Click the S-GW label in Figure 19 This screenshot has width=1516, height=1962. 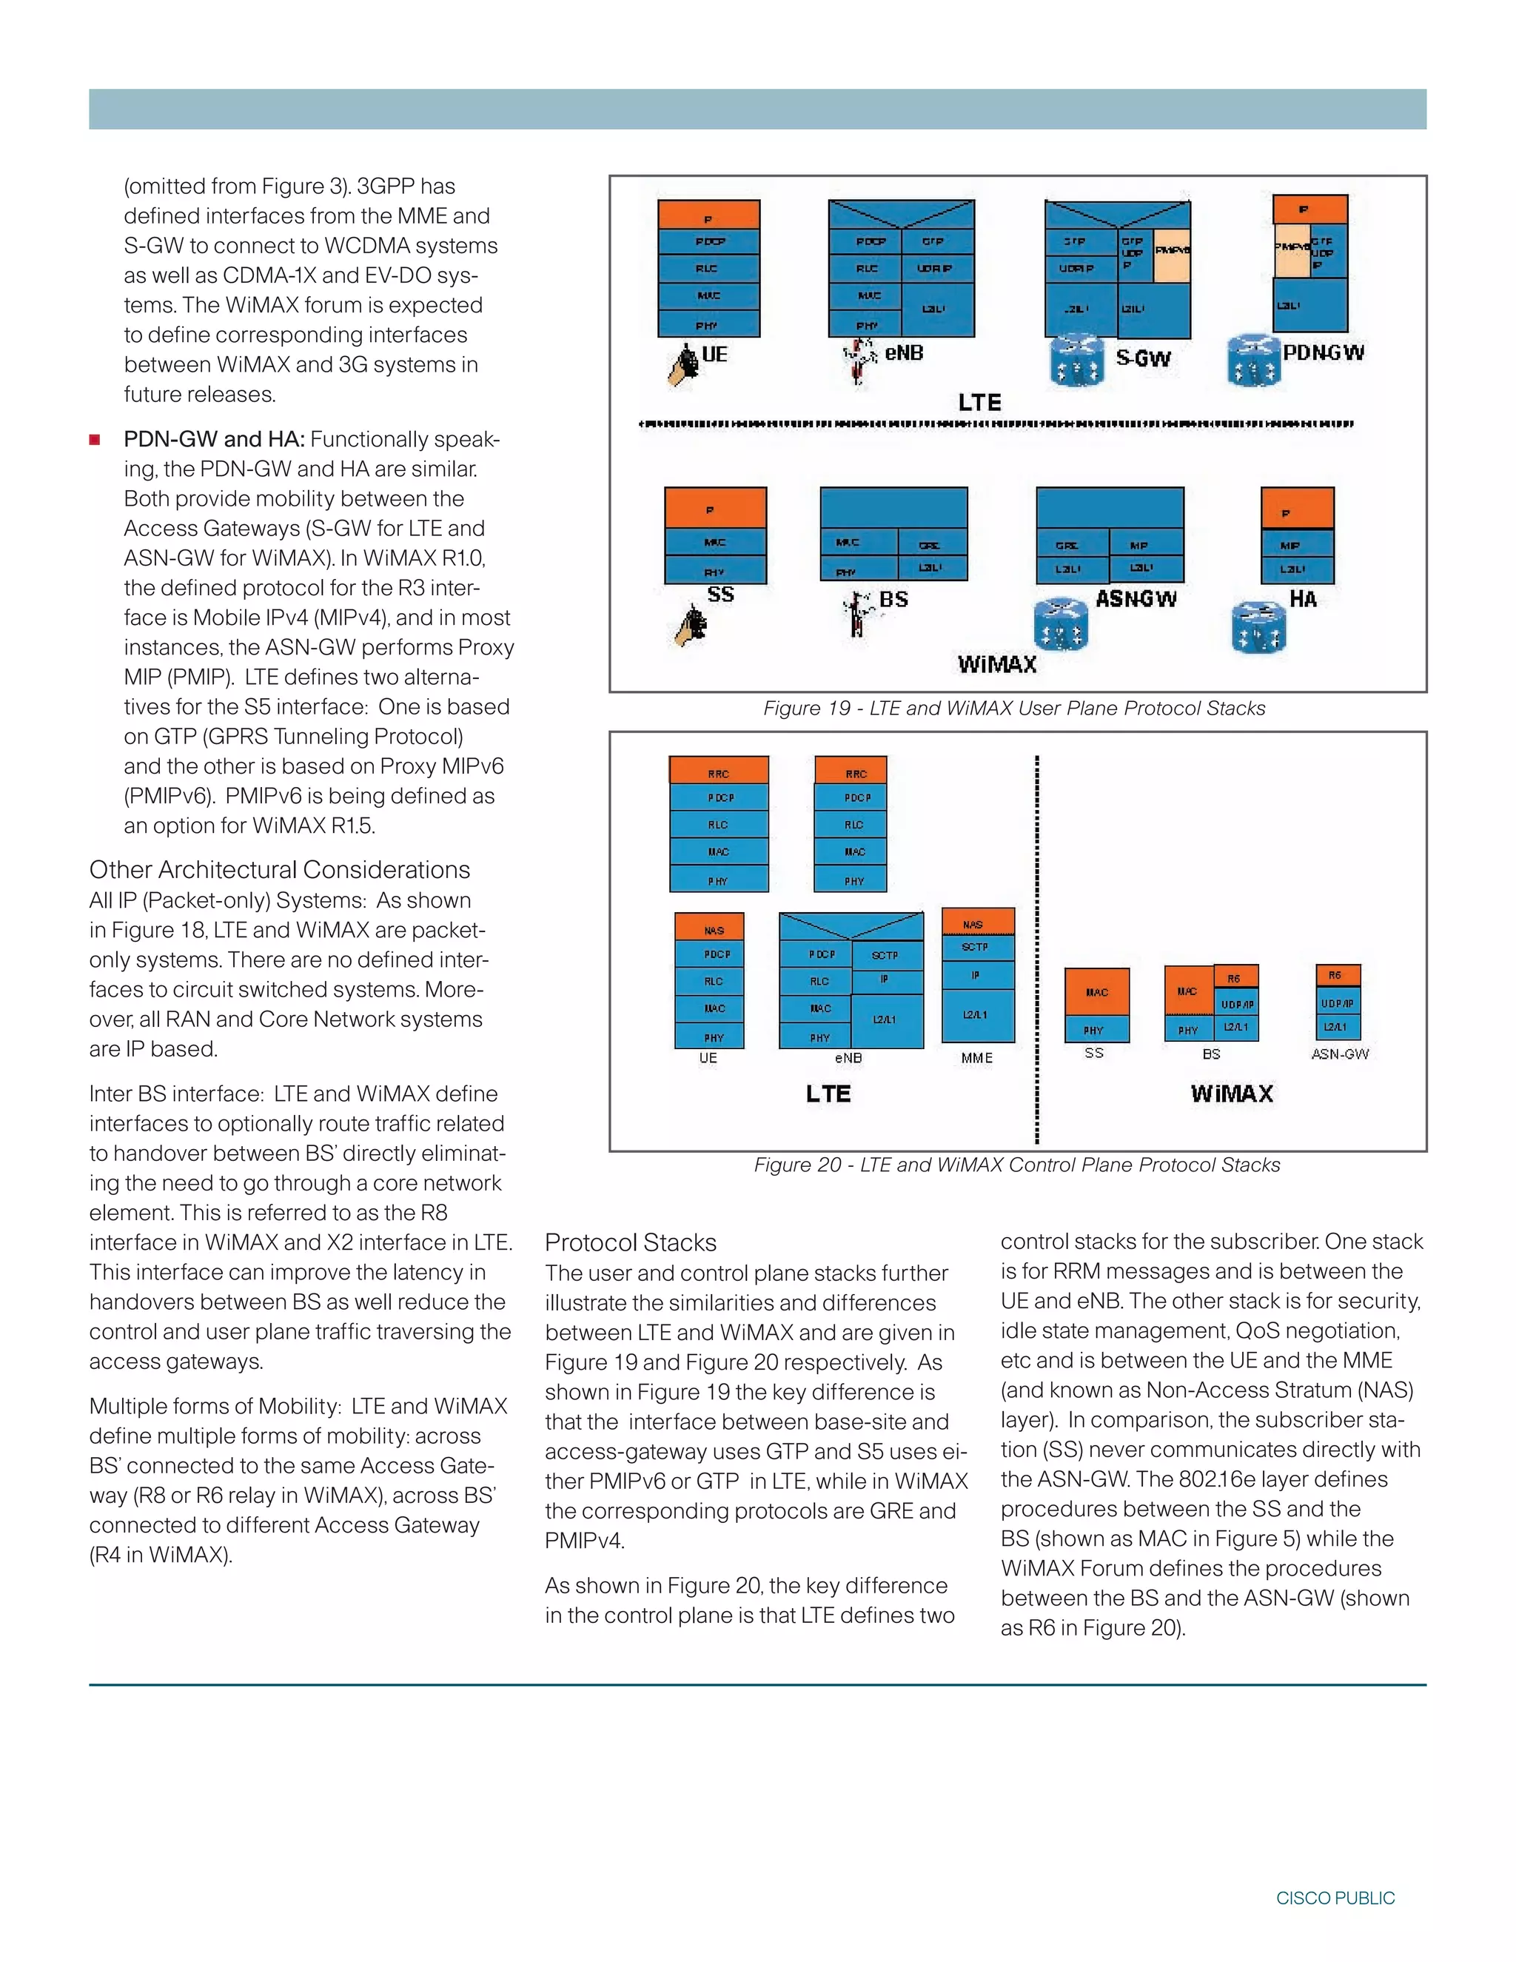pos(1142,358)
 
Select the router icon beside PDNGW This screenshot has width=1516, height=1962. pos(1254,361)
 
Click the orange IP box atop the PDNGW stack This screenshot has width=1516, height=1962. pos(1309,210)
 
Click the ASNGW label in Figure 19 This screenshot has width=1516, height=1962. pos(1136,598)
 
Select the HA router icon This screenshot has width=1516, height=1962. pos(1258,627)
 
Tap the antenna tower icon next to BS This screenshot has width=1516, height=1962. pos(859,615)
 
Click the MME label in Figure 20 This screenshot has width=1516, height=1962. pos(976,1058)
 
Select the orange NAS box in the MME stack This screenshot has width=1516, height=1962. pos(977,923)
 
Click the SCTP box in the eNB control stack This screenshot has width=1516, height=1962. pos(885,955)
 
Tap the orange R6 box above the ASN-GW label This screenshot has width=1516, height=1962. pos(1336,976)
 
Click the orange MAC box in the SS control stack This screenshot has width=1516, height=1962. pos(1096,992)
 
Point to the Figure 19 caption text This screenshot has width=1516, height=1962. pos(1014,708)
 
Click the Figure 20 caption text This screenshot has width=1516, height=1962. pos(1016,1165)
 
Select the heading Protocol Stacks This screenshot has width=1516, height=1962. pos(631,1242)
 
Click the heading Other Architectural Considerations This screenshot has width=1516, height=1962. pos(279,870)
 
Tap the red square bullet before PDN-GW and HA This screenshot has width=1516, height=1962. pos(94,439)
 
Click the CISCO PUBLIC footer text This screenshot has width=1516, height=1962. pos(1335,1898)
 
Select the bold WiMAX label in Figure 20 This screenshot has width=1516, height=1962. pos(1231,1094)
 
